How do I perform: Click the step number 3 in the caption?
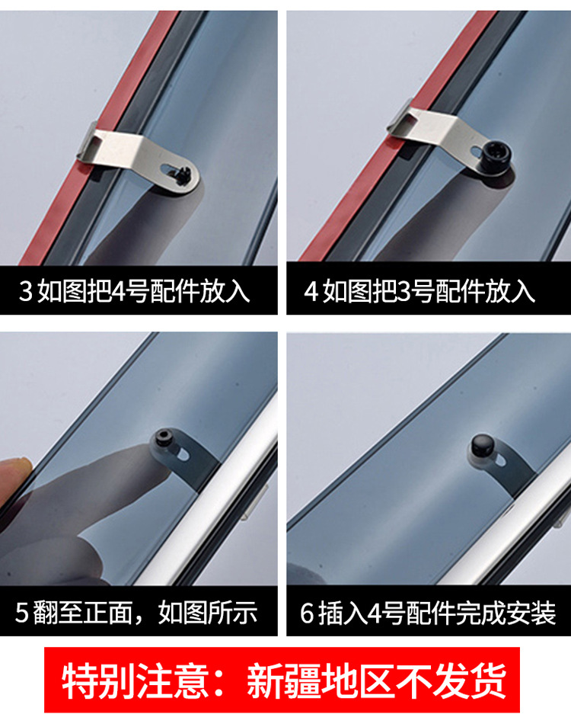pyautogui.click(x=26, y=292)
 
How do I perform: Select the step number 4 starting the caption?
pyautogui.click(x=311, y=292)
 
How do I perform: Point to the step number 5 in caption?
pyautogui.click(x=22, y=613)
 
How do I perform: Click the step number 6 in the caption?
pyautogui.click(x=307, y=613)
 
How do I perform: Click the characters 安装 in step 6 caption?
pyautogui.click(x=531, y=613)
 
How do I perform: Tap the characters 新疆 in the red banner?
pyautogui.click(x=283, y=681)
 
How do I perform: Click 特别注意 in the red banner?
pyautogui.click(x=135, y=681)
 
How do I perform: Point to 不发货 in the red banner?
pyautogui.click(x=450, y=681)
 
